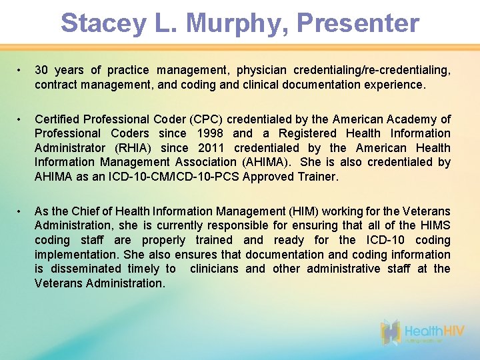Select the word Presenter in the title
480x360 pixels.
(x=358, y=23)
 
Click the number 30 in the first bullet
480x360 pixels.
(x=41, y=70)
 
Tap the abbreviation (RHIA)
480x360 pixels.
(x=133, y=148)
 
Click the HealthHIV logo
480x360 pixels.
(x=424, y=331)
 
